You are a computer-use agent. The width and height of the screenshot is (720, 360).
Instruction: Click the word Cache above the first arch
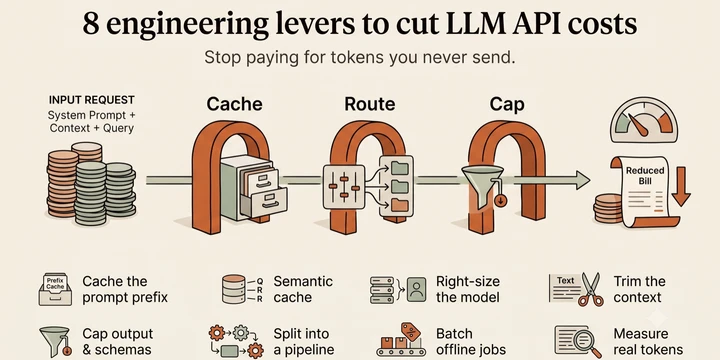[x=234, y=104]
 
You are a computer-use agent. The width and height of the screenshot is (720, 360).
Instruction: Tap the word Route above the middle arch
[x=370, y=104]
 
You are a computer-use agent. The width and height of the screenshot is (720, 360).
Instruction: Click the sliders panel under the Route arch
[x=344, y=186]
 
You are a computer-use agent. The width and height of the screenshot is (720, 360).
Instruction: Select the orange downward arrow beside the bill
[x=681, y=186]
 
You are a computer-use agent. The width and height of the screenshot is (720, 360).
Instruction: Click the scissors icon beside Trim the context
[x=591, y=289]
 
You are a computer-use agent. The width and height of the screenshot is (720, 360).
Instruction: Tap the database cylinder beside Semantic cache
[x=233, y=289]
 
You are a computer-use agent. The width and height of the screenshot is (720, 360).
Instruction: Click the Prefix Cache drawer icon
[x=55, y=289]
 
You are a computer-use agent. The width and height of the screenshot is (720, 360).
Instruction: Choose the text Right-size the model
[x=467, y=289]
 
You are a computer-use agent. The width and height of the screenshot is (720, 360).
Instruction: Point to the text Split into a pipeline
[x=304, y=342]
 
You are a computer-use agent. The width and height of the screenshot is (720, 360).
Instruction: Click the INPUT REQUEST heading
[x=91, y=100]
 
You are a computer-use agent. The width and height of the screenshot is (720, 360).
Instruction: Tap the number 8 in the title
[x=91, y=24]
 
